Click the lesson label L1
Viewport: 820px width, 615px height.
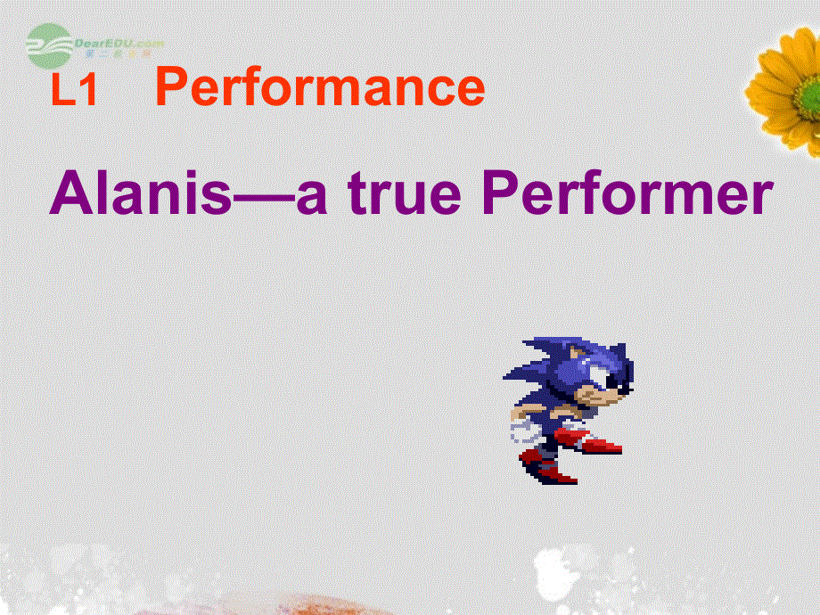[x=74, y=92]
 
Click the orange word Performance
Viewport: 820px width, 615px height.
[x=320, y=89]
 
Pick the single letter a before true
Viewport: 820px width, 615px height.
[x=309, y=199]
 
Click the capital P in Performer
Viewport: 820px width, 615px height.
[x=497, y=193]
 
